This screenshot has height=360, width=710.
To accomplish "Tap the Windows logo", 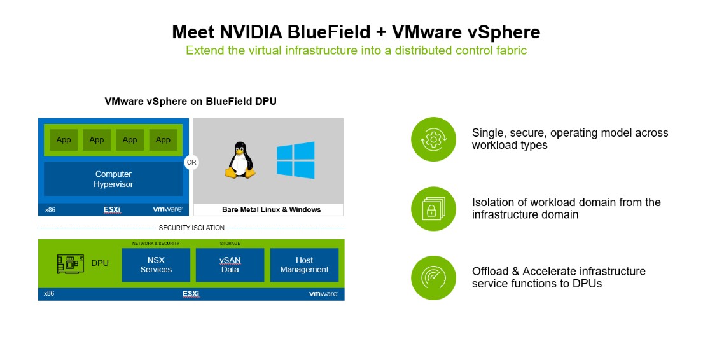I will (295, 160).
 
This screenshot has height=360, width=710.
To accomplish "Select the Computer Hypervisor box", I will (113, 179).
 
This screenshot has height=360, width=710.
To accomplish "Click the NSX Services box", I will (156, 265).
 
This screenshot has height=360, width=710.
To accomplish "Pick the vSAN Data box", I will (230, 265).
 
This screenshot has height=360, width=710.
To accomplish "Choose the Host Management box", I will (304, 265).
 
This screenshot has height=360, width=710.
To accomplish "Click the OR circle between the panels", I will (191, 162).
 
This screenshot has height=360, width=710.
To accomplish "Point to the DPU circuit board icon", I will (70, 263).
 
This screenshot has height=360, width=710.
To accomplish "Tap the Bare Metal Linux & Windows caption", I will (271, 209).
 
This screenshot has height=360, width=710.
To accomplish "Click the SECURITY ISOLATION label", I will (191, 228).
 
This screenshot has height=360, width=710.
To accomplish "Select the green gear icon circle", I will (434, 139).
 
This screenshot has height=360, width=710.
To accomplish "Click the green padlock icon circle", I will (434, 209).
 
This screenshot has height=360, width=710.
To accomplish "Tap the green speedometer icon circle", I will (434, 278).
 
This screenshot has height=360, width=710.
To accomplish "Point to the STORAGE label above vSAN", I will (230, 243).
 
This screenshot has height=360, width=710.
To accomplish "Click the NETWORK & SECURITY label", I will (156, 243).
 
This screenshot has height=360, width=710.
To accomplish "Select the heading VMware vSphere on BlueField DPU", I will (190, 101).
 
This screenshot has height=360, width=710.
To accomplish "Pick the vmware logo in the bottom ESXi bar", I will (323, 294).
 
